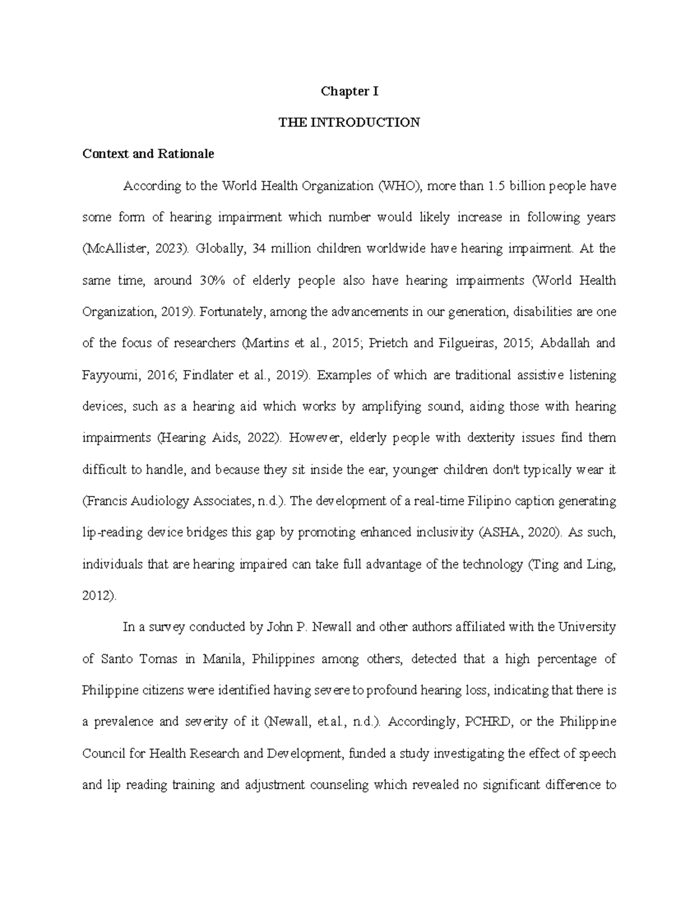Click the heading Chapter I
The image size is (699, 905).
click(x=349, y=91)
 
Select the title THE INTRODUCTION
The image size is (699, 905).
click(x=349, y=123)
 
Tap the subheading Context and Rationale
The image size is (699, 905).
click(x=148, y=154)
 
